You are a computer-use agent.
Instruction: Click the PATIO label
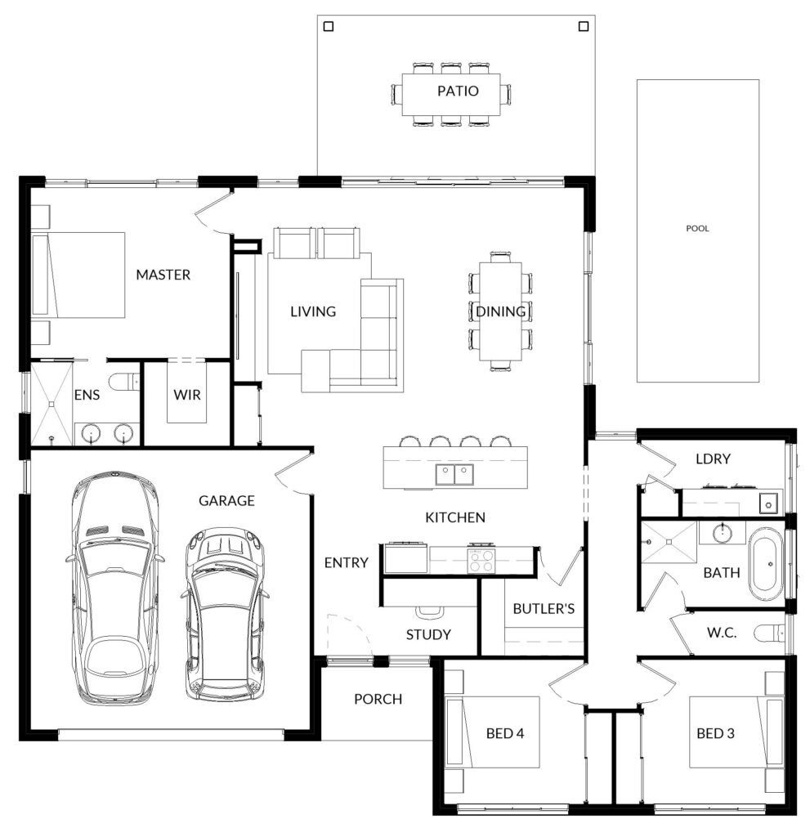458,91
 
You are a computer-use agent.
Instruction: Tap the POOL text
697,229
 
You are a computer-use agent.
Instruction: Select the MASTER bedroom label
163,275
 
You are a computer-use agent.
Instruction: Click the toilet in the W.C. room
769,633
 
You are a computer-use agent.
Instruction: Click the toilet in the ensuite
124,383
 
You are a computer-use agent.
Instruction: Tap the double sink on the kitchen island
454,474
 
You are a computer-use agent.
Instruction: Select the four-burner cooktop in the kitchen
481,560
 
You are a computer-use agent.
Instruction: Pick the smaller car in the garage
226,615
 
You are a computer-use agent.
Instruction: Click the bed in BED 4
492,732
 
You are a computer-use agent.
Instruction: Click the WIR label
187,395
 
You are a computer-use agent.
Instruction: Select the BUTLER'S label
544,609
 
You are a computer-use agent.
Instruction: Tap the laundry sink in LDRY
768,503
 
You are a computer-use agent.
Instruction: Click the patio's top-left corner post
329,26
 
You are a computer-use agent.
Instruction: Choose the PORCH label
378,700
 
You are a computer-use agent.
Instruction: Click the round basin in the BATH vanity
722,531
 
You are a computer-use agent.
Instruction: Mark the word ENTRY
346,562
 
